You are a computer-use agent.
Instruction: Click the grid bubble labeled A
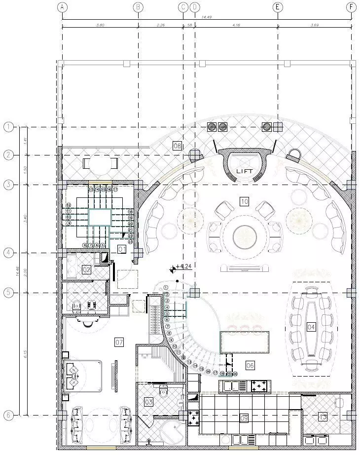[x=62, y=7]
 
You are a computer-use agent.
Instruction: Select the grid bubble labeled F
[x=351, y=7]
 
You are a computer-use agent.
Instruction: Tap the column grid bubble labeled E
[x=278, y=7]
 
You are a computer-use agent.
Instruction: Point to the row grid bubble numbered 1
[x=8, y=127]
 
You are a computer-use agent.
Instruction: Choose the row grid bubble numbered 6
[x=8, y=415]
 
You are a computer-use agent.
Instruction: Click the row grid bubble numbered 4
[x=8, y=253]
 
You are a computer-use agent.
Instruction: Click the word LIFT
[x=244, y=171]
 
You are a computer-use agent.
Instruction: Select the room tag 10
[x=244, y=201]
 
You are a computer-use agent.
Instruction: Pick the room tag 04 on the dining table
[x=311, y=327]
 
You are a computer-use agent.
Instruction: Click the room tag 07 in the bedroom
[x=119, y=341]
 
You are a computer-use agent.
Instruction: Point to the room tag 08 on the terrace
[x=177, y=145]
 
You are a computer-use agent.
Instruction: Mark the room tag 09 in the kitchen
[x=244, y=418]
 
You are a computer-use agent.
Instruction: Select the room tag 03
[x=148, y=402]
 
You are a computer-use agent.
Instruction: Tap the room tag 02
[x=86, y=269]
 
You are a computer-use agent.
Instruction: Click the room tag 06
[x=250, y=365]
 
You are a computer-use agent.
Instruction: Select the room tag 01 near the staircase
[x=122, y=249]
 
